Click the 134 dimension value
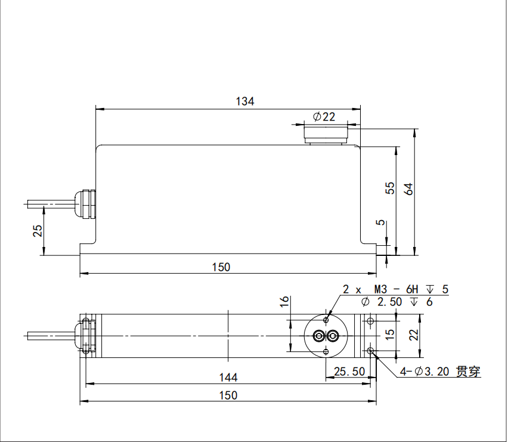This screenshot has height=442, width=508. coord(245,101)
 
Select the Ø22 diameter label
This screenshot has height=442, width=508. coord(324,117)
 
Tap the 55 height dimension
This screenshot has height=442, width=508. coord(390,188)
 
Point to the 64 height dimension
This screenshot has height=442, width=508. coord(408,189)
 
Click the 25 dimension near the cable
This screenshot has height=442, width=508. coord(38,230)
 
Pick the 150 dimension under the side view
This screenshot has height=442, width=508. coord(221,267)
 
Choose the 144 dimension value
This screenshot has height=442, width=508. coord(228,378)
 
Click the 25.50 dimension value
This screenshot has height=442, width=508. coord(349,372)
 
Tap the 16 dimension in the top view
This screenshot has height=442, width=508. coord(284,301)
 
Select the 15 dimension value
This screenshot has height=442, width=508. coord(390,335)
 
